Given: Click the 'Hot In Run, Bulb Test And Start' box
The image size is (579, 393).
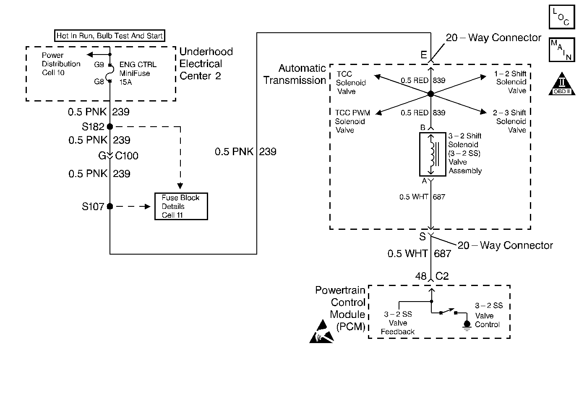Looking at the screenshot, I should coord(110,36).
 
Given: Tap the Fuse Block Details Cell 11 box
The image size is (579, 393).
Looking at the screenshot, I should coord(181,206).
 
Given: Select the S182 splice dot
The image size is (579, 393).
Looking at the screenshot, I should coord(110,126).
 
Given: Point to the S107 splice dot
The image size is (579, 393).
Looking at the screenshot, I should coord(110,206).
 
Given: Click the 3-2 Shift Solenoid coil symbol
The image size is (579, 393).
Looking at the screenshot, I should coord(430,154).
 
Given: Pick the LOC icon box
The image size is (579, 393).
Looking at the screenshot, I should coord(561,17).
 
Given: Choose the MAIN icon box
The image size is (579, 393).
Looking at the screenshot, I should coord(561,49).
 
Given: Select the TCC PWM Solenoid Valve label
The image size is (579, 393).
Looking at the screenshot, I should coord(350,122).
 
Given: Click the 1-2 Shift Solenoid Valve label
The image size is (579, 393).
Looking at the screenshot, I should coord(511,82).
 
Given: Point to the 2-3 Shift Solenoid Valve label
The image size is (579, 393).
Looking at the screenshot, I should coord(510,121).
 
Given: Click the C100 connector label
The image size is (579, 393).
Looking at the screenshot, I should coord(126,156).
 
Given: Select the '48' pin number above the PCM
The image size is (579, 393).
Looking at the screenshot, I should coord(421,276).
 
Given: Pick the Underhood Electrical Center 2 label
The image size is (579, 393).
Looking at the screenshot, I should coord(206,64).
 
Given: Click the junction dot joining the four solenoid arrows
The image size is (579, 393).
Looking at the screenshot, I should coord(430,94).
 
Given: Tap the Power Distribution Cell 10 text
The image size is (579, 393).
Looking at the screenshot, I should coord(61,64).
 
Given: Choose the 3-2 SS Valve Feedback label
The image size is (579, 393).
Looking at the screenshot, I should coord(398,323).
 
